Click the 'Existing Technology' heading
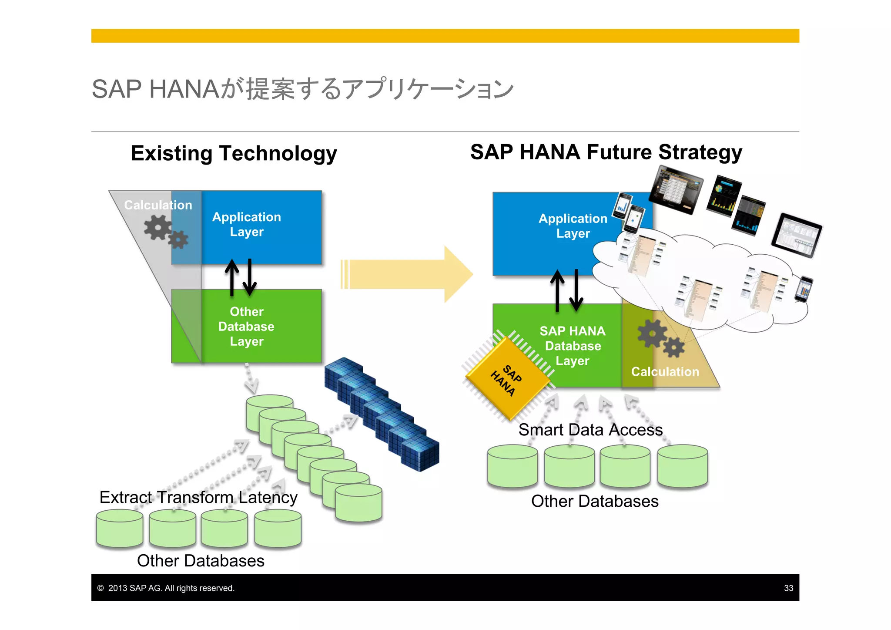tap(234, 153)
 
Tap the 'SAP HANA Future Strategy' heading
tap(606, 152)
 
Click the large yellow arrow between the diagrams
tap(407, 274)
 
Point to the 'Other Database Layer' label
tap(246, 327)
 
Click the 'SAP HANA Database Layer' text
tap(573, 346)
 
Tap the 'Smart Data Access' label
tap(590, 430)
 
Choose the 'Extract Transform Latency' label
tap(198, 497)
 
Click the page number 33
tap(788, 588)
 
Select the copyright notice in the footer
tap(166, 588)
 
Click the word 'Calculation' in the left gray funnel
tap(158, 205)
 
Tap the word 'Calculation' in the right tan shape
tap(665, 371)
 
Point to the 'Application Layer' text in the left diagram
tap(247, 224)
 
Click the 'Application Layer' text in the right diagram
tap(573, 226)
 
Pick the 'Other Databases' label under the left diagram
tap(201, 561)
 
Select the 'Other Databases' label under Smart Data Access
tap(595, 501)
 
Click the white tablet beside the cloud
tap(796, 236)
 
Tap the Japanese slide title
tap(302, 89)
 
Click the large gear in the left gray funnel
tap(157, 227)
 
